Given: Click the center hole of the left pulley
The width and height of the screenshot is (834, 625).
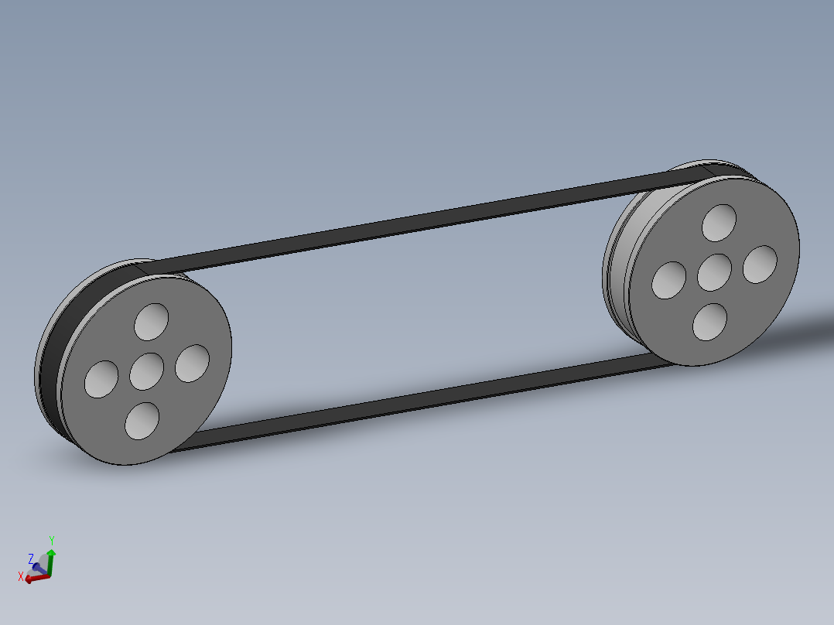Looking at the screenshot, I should tap(146, 371).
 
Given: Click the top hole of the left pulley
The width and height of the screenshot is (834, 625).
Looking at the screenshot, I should tap(151, 322).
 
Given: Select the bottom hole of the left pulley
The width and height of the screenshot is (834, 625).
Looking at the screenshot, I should tap(142, 421).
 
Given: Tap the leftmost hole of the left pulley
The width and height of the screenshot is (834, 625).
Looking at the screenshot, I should tap(101, 379).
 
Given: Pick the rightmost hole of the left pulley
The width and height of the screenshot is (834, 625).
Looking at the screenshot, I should tap(192, 364).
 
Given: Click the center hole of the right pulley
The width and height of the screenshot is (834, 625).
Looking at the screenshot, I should tap(714, 272).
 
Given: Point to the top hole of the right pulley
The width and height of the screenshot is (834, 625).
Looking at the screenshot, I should tap(719, 223).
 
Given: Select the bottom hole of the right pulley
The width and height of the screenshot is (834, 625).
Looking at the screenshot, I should tap(709, 322).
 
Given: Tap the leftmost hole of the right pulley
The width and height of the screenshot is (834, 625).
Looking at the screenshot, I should tap(669, 280).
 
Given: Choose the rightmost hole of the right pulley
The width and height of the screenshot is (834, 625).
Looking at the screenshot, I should tap(760, 265).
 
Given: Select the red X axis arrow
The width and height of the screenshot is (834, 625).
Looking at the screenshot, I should tap(35, 578).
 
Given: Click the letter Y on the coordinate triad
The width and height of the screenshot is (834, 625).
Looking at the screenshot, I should tap(51, 539).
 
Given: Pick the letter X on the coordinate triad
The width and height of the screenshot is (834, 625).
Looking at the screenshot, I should tap(21, 576).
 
